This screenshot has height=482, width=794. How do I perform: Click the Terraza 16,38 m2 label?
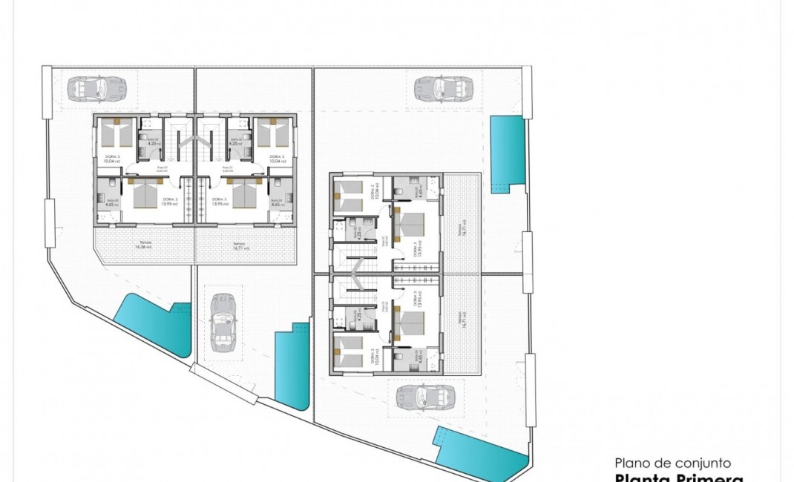click(x=143, y=246)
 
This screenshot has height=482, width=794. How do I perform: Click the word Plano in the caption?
click(x=632, y=463)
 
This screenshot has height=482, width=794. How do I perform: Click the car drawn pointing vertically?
click(x=222, y=322)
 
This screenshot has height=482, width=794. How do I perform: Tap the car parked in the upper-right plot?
click(x=443, y=89)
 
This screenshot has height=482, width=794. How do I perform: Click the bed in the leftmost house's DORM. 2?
click(x=117, y=134)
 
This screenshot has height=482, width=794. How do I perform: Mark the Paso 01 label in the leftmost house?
click(x=162, y=168)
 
